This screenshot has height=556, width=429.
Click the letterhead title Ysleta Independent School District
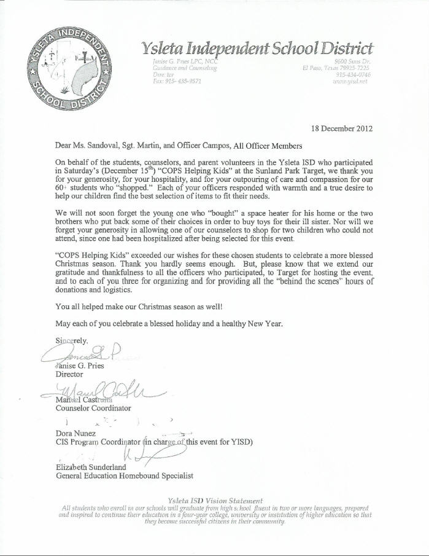pyautogui.click(x=257, y=48)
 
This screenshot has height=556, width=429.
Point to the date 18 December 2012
pyautogui.click(x=342, y=129)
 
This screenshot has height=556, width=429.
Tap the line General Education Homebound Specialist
pyautogui.click(x=125, y=476)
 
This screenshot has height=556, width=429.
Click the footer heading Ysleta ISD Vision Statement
pyautogui.click(x=215, y=501)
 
